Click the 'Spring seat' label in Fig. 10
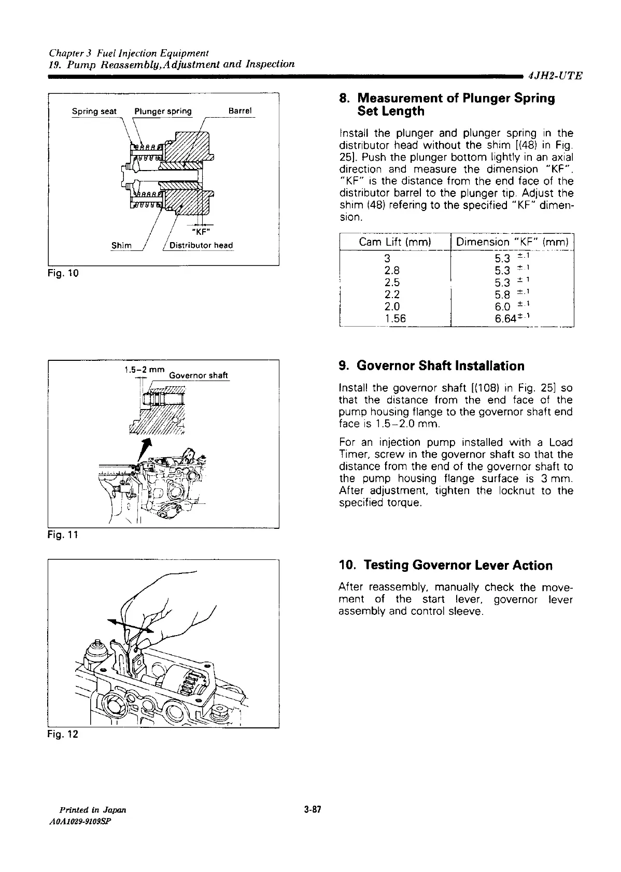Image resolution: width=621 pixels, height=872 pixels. (x=94, y=111)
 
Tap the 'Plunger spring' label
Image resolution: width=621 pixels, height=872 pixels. (x=163, y=111)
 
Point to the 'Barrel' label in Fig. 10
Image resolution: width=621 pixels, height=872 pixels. (x=239, y=111)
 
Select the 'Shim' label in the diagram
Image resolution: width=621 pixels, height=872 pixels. (x=122, y=245)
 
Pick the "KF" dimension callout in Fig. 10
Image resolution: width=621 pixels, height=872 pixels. (x=200, y=232)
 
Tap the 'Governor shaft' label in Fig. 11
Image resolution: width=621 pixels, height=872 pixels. (x=199, y=376)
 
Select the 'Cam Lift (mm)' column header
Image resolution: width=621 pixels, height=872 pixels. (x=395, y=242)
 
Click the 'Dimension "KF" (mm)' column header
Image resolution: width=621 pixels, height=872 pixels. (x=513, y=242)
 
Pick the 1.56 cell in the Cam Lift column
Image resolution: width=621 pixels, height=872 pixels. (x=395, y=319)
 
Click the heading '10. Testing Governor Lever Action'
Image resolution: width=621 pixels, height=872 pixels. (x=445, y=565)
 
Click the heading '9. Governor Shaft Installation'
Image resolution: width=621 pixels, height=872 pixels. (x=431, y=366)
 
